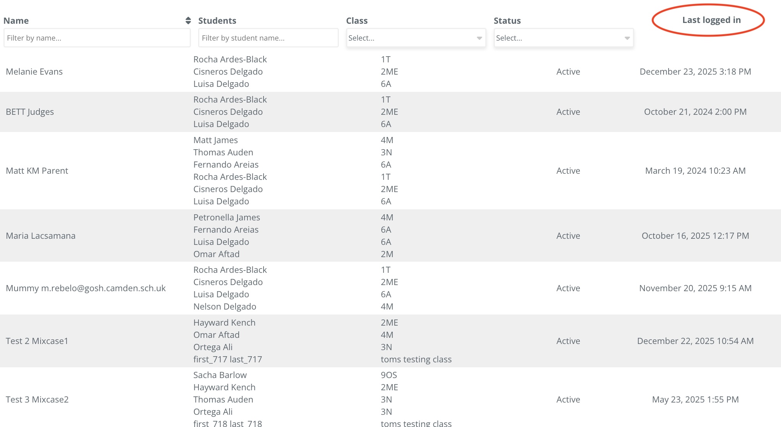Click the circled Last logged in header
click(711, 20)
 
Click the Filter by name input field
click(97, 38)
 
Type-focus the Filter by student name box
click(268, 38)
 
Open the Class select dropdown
click(416, 38)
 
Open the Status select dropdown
click(563, 38)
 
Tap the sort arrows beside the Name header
click(188, 21)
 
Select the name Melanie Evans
click(34, 72)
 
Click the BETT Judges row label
click(30, 112)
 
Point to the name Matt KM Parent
click(37, 171)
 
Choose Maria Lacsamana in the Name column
click(41, 236)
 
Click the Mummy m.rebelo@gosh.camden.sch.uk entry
click(86, 288)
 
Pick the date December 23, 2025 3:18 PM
click(695, 72)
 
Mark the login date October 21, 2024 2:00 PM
click(695, 112)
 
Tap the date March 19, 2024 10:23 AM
click(695, 171)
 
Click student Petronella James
click(226, 217)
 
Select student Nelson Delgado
click(225, 306)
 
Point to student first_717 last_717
click(228, 359)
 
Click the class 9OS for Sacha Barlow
click(389, 375)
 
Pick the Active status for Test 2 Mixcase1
click(568, 341)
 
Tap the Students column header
click(217, 21)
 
